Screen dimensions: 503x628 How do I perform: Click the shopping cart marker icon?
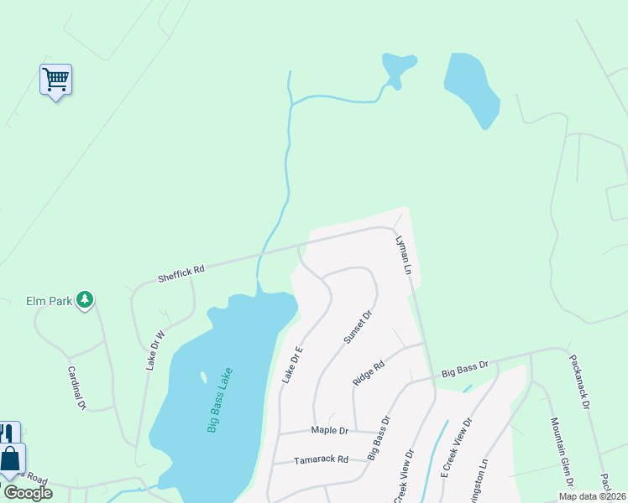coord(55,80)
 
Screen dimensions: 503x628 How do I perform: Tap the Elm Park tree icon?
coord(84,299)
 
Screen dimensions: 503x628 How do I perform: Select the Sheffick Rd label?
coord(181,272)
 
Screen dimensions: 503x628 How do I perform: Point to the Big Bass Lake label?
coord(220,400)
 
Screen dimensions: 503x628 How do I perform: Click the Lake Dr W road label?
coord(156,349)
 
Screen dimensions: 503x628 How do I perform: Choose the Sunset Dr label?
coord(357,327)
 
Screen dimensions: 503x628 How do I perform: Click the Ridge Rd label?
coord(369,372)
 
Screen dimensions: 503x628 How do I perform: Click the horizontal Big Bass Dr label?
coord(464,367)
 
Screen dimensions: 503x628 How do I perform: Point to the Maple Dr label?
coord(329,430)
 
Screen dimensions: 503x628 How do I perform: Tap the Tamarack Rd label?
coord(321,459)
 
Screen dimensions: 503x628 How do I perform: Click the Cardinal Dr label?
coord(76,386)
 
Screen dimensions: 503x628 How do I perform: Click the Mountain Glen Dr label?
coord(561,452)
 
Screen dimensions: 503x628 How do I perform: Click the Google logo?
coord(28,493)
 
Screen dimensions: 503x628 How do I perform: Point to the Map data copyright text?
coord(592,495)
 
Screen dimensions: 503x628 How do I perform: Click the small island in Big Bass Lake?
coord(202,377)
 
